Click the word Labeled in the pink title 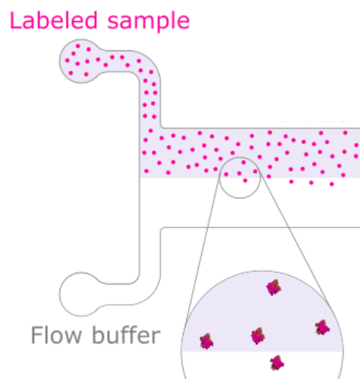(53, 20)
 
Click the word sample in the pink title (149, 22)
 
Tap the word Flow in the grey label (57, 335)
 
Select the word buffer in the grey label (126, 335)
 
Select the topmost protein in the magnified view (273, 288)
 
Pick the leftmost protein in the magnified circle (207, 341)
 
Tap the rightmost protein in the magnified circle (322, 327)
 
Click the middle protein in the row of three (258, 336)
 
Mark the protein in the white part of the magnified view (277, 363)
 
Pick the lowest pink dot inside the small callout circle (245, 181)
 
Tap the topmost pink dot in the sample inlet (78, 46)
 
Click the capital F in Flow (36, 335)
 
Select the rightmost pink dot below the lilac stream (332, 184)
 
